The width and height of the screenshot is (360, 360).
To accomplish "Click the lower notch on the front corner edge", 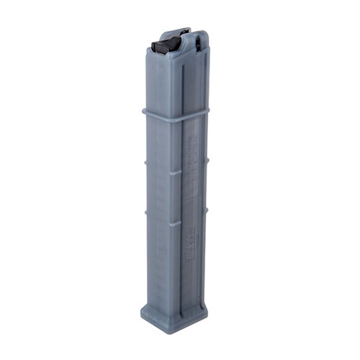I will (x=175, y=224).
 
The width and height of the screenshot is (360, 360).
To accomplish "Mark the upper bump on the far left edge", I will (x=145, y=162).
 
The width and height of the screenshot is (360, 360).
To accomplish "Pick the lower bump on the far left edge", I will (x=145, y=212).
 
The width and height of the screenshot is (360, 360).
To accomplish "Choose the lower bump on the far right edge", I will (x=207, y=209).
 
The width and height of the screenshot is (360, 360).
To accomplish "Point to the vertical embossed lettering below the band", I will (x=193, y=162).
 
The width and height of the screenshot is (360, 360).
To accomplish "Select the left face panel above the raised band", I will (x=163, y=83).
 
